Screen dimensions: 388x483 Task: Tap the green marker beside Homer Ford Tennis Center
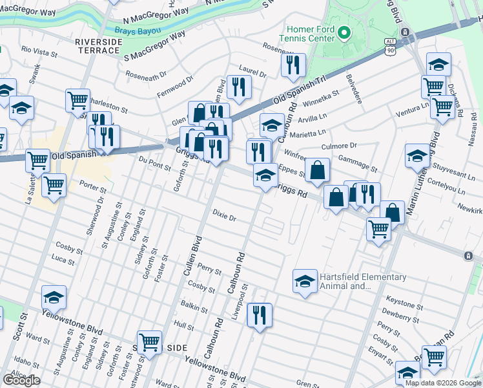[x=344, y=32]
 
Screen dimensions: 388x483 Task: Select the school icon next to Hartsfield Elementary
[x=305, y=281]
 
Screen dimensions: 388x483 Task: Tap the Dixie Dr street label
[x=225, y=215]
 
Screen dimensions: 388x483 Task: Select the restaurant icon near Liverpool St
[x=260, y=316]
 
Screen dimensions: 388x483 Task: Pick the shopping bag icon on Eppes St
[x=317, y=171]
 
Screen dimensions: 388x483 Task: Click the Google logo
[x=21, y=380]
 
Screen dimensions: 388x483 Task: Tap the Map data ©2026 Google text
[x=443, y=383]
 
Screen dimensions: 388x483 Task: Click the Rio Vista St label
[x=39, y=49]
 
